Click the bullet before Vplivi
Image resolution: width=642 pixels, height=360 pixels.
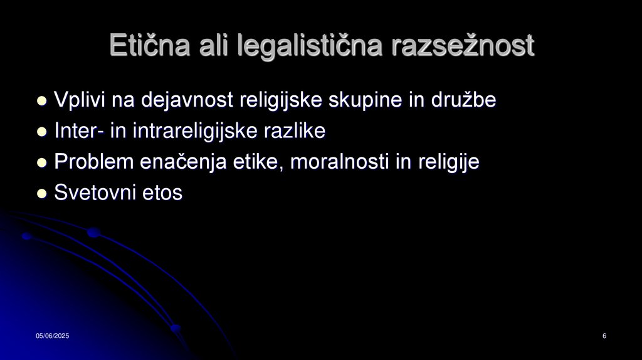[42, 100]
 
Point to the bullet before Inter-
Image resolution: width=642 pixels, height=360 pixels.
[42, 132]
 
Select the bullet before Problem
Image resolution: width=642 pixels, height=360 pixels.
[42, 162]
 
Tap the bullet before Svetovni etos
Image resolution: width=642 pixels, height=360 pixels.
[42, 194]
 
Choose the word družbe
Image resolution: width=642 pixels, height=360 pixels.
[465, 100]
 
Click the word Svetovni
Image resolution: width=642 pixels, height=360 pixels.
[92, 193]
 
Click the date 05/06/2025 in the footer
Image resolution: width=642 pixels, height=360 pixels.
[52, 337]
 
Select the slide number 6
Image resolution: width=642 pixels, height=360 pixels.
[604, 337]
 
